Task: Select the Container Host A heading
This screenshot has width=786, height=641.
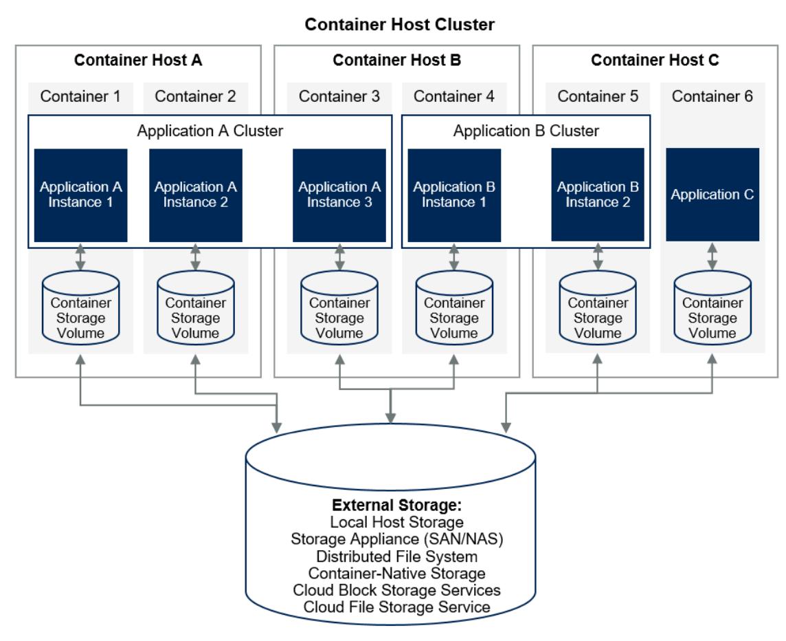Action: click(138, 61)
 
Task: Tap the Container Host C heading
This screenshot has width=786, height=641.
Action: click(655, 61)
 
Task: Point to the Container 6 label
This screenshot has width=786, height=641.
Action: click(712, 96)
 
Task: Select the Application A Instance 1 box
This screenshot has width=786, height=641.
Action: click(81, 195)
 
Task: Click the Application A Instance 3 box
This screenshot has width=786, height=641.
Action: click(339, 195)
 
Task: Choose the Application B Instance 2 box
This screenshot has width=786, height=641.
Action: click(598, 195)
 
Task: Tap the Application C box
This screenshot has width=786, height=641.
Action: click(712, 195)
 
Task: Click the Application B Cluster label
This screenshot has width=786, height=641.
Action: click(526, 130)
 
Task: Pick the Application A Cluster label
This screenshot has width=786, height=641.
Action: click(210, 130)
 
